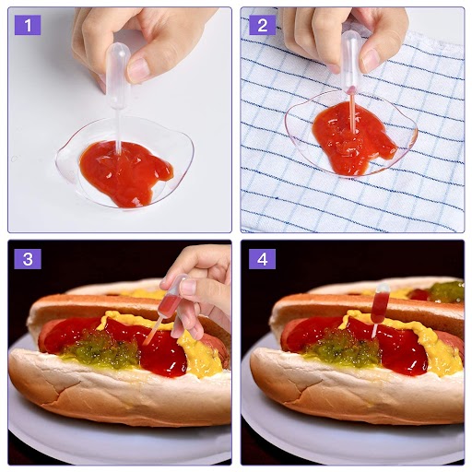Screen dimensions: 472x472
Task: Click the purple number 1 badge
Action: [x=28, y=25]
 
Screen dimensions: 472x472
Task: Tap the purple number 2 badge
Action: [x=262, y=25]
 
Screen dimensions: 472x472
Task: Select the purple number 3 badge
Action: [x=28, y=259]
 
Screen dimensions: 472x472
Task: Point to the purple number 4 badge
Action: [x=262, y=259]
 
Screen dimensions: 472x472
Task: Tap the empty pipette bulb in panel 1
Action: [x=118, y=76]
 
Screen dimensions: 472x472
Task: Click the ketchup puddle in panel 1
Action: [x=125, y=172]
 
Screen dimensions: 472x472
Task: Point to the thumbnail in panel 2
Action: [x=372, y=61]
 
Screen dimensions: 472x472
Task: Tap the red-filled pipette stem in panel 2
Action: [x=352, y=113]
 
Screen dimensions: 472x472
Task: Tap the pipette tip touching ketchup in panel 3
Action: [x=145, y=343]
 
